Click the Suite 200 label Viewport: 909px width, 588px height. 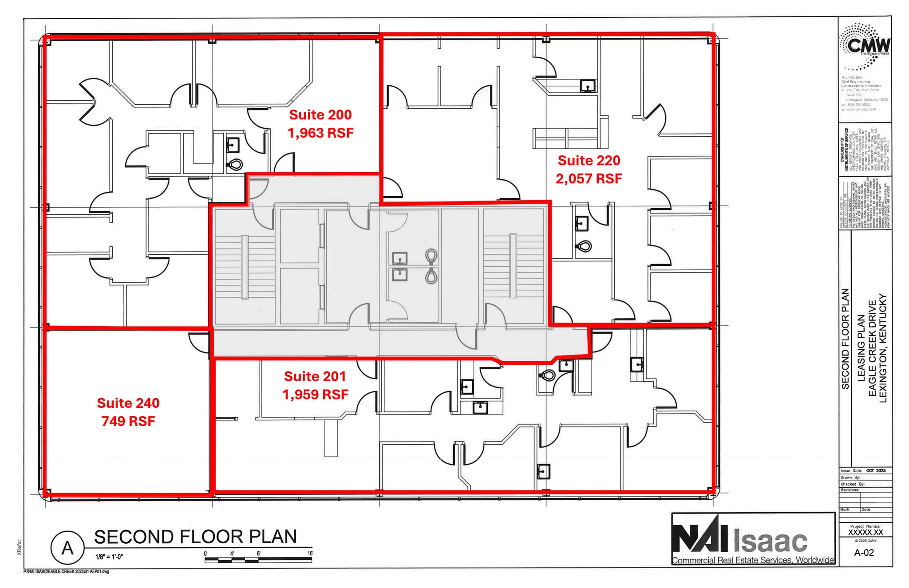pyautogui.click(x=320, y=115)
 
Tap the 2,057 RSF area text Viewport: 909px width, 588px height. pyautogui.click(x=589, y=178)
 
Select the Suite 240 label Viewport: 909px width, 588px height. pyautogui.click(x=128, y=403)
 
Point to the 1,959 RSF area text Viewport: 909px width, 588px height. pyautogui.click(x=315, y=395)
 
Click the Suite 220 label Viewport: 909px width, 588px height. pyautogui.click(x=589, y=160)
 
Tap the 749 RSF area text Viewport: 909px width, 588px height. pyautogui.click(x=128, y=421)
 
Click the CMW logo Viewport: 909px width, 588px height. pyautogui.click(x=865, y=47)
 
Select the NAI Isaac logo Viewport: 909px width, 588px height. pyautogui.click(x=753, y=540)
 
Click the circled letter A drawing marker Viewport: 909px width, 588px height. pyautogui.click(x=67, y=548)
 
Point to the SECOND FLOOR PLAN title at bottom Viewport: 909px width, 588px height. pyautogui.click(x=195, y=537)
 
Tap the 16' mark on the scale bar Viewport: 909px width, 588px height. pyautogui.click(x=310, y=553)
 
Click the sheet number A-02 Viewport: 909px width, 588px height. pyautogui.click(x=864, y=552)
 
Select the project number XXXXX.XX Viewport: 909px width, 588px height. pyautogui.click(x=866, y=532)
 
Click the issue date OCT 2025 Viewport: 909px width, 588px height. pyautogui.click(x=875, y=471)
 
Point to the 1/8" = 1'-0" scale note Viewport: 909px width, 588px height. pyautogui.click(x=109, y=557)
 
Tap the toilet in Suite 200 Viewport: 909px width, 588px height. pyautogui.click(x=235, y=165)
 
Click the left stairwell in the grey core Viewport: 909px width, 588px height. pyautogui.click(x=244, y=266)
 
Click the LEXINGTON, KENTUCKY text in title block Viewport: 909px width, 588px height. pyautogui.click(x=882, y=348)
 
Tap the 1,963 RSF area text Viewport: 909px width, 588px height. pyautogui.click(x=320, y=133)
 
